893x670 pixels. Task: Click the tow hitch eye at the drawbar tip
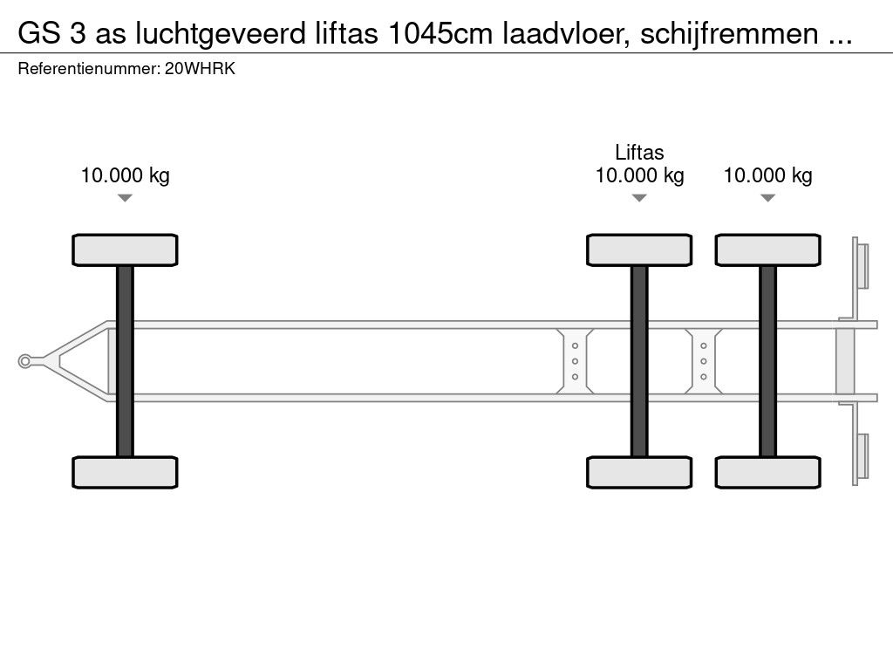25,361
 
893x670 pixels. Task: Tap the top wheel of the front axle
125,250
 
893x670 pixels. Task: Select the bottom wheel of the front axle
125,472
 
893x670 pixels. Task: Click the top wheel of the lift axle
639,250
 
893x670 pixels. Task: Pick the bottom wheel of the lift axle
639,472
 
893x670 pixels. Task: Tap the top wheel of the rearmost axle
767,250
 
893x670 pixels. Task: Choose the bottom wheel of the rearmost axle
767,472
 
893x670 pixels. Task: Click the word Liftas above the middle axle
639,153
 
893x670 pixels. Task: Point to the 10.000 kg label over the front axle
125,175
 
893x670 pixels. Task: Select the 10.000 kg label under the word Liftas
639,175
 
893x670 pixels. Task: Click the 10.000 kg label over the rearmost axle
767,175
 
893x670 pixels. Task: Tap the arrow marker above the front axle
125,198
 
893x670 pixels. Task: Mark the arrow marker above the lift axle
639,198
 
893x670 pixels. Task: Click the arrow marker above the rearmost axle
767,198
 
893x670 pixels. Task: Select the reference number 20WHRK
200,70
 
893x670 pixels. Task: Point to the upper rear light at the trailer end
862,265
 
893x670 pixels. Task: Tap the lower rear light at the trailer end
862,456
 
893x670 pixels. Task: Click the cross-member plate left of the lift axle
576,361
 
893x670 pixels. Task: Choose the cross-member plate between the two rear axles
703,361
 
